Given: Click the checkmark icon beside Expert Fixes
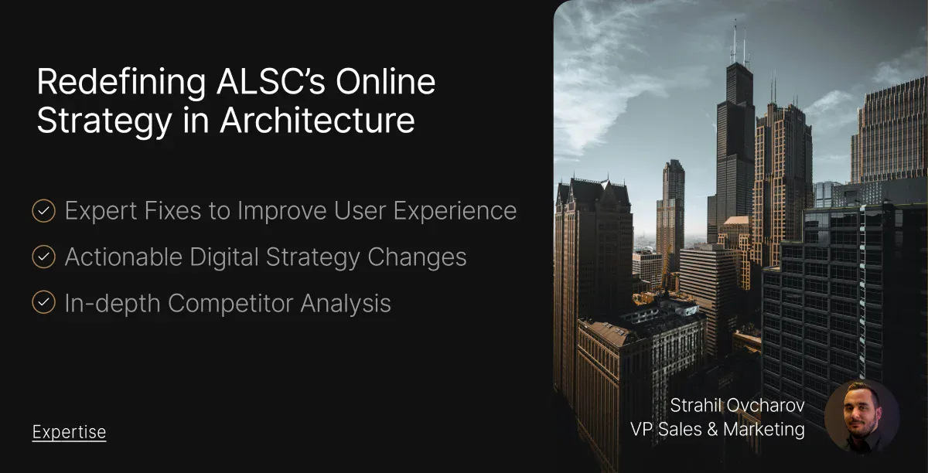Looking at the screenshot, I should (43, 211).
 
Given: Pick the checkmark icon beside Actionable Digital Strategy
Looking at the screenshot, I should (43, 257).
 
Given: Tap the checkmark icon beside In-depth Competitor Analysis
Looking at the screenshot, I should (43, 304).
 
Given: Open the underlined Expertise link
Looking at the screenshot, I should (69, 432).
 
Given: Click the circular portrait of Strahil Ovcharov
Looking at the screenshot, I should (861, 416).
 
